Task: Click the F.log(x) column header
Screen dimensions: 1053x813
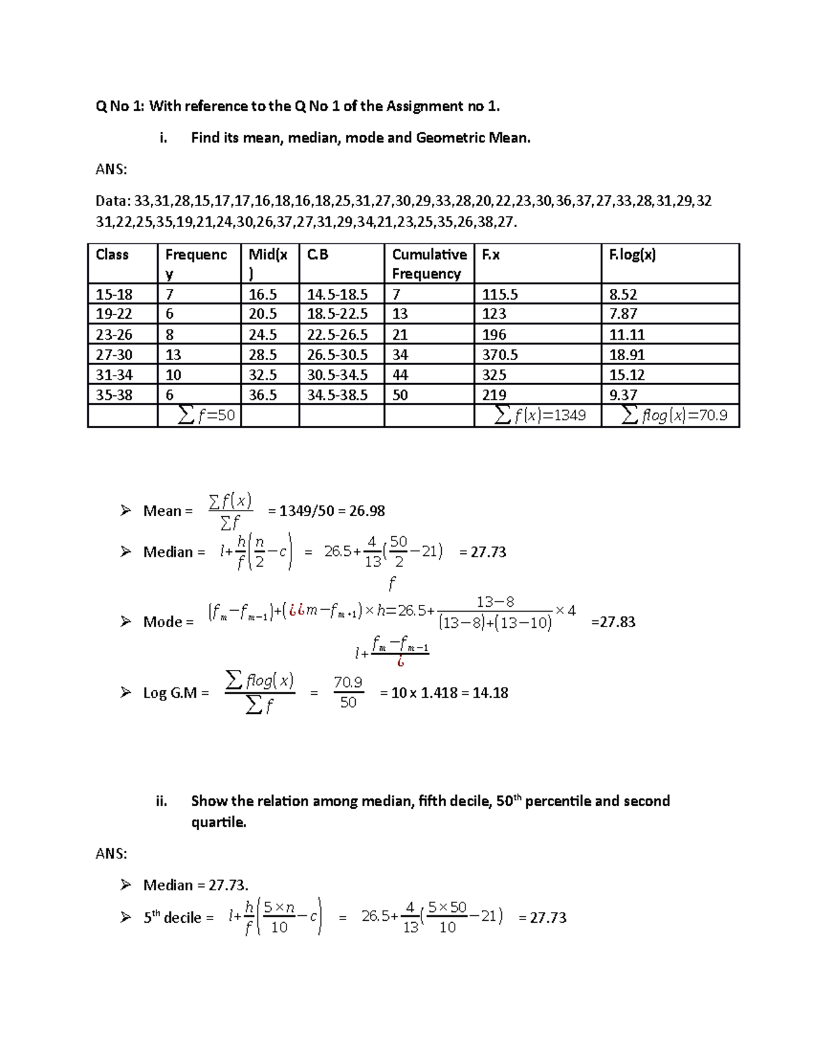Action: [x=632, y=255]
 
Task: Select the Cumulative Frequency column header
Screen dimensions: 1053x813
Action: [x=429, y=264]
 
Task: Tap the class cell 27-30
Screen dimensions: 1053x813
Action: [x=114, y=355]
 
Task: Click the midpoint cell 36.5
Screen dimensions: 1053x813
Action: [x=263, y=395]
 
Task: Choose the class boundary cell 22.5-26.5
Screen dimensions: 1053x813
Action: [x=337, y=334]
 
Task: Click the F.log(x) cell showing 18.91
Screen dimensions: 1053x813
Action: [x=627, y=355]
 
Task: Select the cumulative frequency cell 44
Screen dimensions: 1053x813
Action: [x=400, y=375]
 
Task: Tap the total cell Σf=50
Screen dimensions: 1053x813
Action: [x=206, y=415]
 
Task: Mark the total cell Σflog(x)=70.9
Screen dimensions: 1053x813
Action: [x=674, y=415]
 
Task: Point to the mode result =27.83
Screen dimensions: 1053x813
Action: [x=613, y=622]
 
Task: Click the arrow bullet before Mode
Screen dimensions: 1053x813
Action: [x=125, y=622]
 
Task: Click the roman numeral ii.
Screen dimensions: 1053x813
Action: [x=161, y=801]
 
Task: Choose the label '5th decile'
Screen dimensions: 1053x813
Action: [x=172, y=917]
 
